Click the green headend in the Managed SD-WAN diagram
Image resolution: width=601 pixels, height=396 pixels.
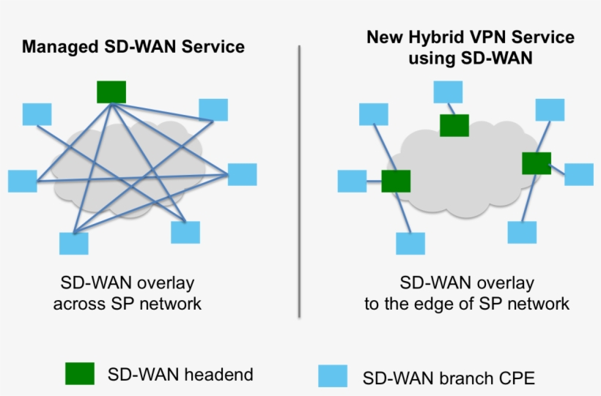coord(111,91)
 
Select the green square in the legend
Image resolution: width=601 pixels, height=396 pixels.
coord(80,373)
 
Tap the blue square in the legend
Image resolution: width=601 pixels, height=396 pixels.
coord(333,376)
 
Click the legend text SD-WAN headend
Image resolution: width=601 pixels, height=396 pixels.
coord(180,374)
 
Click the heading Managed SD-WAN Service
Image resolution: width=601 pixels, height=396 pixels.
coord(133,47)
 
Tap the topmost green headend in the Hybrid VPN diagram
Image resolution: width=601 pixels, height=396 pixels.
coord(454,125)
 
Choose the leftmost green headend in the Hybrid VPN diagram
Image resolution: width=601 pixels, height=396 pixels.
coord(396,181)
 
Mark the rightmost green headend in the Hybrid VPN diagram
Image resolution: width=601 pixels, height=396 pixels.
coord(537,163)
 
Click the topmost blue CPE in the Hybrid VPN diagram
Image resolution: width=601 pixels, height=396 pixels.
coord(448,91)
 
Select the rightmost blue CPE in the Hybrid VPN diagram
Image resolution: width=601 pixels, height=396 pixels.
coord(578,174)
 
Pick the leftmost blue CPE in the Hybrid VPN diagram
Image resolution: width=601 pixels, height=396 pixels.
coord(352,181)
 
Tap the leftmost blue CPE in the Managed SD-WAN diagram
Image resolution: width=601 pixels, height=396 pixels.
coord(22,181)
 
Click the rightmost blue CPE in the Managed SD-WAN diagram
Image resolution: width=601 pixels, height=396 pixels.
coord(242,174)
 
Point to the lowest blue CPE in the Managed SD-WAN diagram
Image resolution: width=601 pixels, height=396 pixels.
coord(73,244)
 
